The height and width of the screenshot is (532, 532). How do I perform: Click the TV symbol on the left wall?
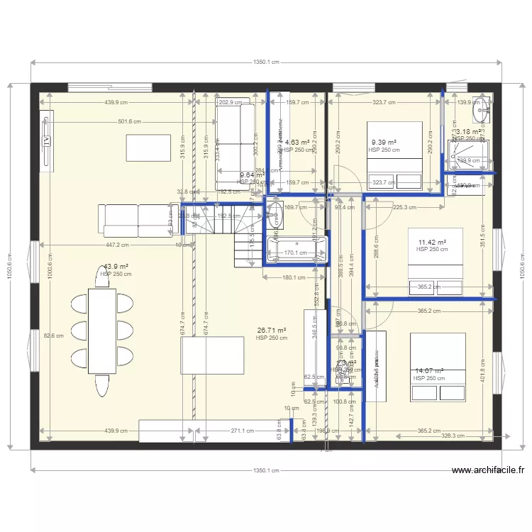tap(48, 140)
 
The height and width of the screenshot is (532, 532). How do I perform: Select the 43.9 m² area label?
tap(111, 267)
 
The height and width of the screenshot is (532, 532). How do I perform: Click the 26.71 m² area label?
tap(272, 331)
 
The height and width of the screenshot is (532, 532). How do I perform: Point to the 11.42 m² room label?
tap(432, 243)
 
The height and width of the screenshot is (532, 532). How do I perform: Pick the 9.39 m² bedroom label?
tap(382, 143)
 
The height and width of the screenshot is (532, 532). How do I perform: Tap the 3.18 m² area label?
tap(470, 132)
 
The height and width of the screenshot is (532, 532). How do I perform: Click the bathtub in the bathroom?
tap(296, 251)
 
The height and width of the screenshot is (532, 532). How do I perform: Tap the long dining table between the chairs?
tap(102, 331)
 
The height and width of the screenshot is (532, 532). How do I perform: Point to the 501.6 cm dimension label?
tap(128, 121)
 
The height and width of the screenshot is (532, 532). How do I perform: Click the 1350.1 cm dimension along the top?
tap(266, 62)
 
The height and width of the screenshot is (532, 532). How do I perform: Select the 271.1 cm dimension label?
tap(242, 431)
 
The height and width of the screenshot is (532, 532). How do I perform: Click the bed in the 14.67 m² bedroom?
tap(438, 367)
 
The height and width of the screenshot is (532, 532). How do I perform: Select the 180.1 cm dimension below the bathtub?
tap(295, 277)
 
